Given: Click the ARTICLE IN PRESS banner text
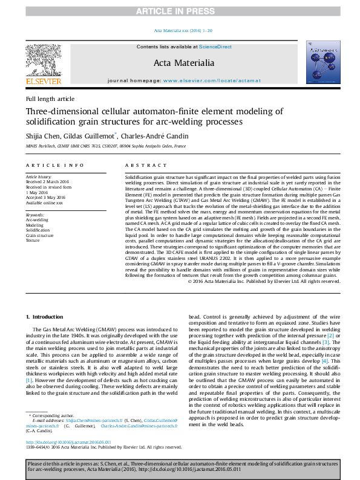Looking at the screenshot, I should coord(180,11).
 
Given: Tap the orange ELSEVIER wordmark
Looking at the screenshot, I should coord(44,81).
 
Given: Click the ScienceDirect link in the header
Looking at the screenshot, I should coord(216,47).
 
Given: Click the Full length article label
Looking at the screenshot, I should coord(50,99).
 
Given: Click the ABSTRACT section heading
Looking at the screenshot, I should coord(142,165).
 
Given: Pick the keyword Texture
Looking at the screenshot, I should coord(34,240).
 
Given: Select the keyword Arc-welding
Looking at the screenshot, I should coord(37,220).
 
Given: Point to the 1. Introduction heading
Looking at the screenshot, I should coord(47,316).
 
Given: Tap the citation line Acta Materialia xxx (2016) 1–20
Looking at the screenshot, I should coord(180,31).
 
